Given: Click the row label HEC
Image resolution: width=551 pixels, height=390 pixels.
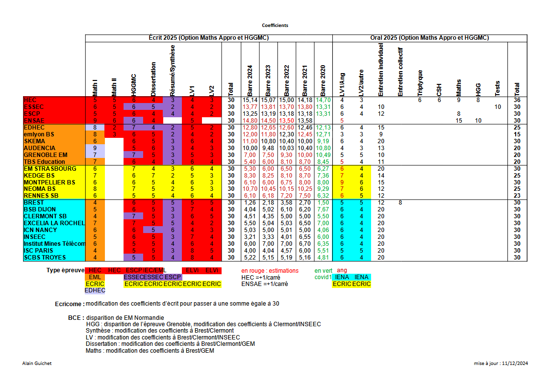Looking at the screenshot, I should coord(30,100).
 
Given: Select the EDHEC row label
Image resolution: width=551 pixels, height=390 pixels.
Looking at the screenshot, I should coord(34,128).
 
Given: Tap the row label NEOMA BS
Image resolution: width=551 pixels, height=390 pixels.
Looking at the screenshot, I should coord(40,189).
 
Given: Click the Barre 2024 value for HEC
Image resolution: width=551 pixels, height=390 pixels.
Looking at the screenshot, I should coord(250,100).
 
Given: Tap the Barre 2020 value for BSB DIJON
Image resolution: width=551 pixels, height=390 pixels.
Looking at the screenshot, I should coord(323,209).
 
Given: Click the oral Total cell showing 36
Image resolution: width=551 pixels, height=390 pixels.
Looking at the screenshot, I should coord(517,100).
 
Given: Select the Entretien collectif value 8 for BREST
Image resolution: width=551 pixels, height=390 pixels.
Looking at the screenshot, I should coord(401,203).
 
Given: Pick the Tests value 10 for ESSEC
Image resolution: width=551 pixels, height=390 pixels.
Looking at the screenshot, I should coord(498,107).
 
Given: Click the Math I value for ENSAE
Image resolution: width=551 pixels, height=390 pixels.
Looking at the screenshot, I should coord(95,121).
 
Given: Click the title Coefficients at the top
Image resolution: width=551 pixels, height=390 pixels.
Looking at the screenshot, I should coord(275,25).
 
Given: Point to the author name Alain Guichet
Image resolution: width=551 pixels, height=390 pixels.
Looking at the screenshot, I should coord(37,364).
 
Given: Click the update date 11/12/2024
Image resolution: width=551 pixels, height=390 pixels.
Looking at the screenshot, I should coord(515,364).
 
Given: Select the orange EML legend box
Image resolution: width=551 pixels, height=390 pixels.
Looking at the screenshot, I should coord(95,277).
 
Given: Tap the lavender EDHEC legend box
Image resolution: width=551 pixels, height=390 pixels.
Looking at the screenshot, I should coord(95,290).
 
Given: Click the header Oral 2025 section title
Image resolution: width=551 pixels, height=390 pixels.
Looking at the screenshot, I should coord(429,38).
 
